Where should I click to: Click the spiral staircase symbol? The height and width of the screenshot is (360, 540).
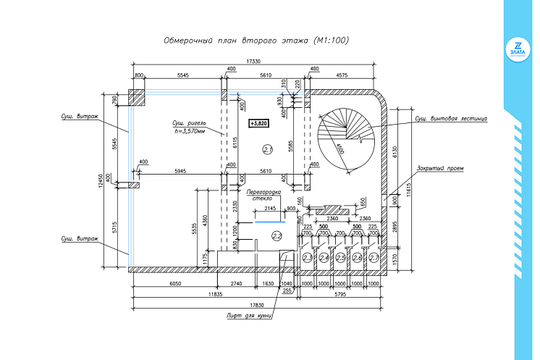345,138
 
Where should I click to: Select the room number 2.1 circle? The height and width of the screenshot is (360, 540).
267,150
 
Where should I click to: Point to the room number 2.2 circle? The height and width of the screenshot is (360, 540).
276,235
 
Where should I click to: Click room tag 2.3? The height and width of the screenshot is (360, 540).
307,257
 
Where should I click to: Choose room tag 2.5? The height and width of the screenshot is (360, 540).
341,257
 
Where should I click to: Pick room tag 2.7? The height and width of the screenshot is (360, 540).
374,257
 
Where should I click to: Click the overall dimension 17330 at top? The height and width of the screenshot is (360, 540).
253,62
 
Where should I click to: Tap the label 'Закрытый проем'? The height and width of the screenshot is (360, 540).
439,168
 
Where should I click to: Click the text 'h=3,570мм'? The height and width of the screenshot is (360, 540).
190,131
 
